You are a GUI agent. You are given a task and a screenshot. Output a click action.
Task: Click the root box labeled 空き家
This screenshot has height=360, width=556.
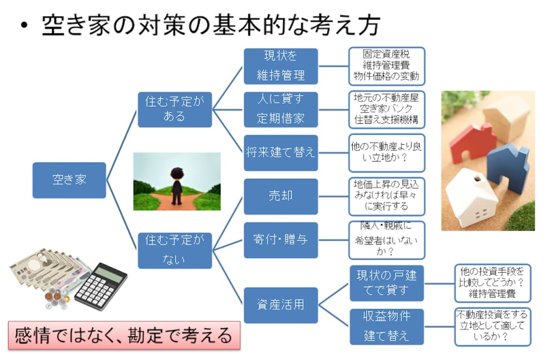(69, 180)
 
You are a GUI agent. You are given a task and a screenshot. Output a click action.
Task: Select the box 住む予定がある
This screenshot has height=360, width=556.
(174, 109)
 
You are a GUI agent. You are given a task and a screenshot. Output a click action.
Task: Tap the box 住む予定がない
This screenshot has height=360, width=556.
(174, 250)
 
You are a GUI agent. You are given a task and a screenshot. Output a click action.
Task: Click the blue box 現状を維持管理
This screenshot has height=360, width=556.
(280, 66)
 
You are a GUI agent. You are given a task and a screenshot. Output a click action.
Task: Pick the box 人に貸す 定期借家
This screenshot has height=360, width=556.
(280, 109)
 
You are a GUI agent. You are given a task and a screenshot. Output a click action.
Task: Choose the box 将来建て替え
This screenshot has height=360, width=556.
(280, 153)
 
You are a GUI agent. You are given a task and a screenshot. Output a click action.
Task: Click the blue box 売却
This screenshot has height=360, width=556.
(280, 196)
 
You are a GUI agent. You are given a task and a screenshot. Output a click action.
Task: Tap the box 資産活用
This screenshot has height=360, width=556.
(280, 305)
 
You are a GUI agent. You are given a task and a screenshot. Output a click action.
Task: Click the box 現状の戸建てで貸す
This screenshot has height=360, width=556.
(386, 282)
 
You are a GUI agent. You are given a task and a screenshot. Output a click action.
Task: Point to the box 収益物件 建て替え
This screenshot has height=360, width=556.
(386, 326)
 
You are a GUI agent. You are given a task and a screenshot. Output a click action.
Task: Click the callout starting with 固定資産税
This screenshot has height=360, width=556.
(386, 66)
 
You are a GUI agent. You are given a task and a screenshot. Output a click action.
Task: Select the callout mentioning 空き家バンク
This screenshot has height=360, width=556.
(386, 109)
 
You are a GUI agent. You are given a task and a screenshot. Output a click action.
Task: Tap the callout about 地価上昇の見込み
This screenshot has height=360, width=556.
(386, 196)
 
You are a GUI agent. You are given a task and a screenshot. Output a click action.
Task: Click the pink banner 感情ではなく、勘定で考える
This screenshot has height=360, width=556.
(124, 335)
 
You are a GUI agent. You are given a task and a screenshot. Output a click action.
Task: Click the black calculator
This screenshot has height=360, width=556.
(101, 286)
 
